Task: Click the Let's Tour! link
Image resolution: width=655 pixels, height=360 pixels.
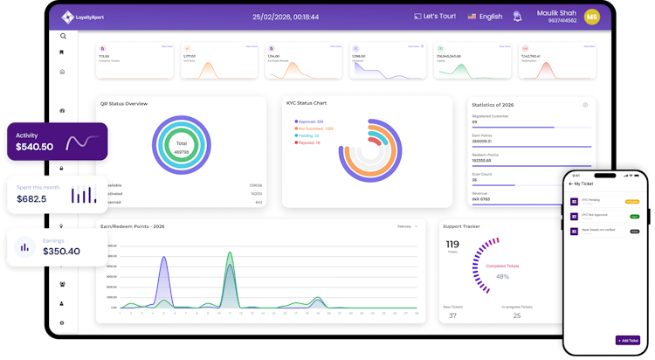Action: coord(434,17)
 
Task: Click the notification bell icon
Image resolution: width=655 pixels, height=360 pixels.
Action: coord(518,17)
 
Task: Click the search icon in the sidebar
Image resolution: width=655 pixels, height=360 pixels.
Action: coord(63,37)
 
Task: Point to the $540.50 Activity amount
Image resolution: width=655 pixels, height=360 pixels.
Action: coord(35,147)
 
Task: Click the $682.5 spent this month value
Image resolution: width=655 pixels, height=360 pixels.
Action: coord(31,199)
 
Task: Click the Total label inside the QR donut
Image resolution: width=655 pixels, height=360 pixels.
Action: coord(182,143)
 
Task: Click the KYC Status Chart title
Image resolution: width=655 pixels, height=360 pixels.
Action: coord(307,103)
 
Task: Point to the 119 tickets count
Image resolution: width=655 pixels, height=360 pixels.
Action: coord(452,245)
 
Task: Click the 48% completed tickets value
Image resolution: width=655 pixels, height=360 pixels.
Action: coord(503,276)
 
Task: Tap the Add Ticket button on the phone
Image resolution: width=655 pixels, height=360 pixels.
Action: coord(628,340)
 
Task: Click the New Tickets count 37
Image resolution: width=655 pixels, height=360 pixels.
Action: coord(452,315)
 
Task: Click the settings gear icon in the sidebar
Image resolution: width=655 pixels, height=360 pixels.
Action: coord(62,323)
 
